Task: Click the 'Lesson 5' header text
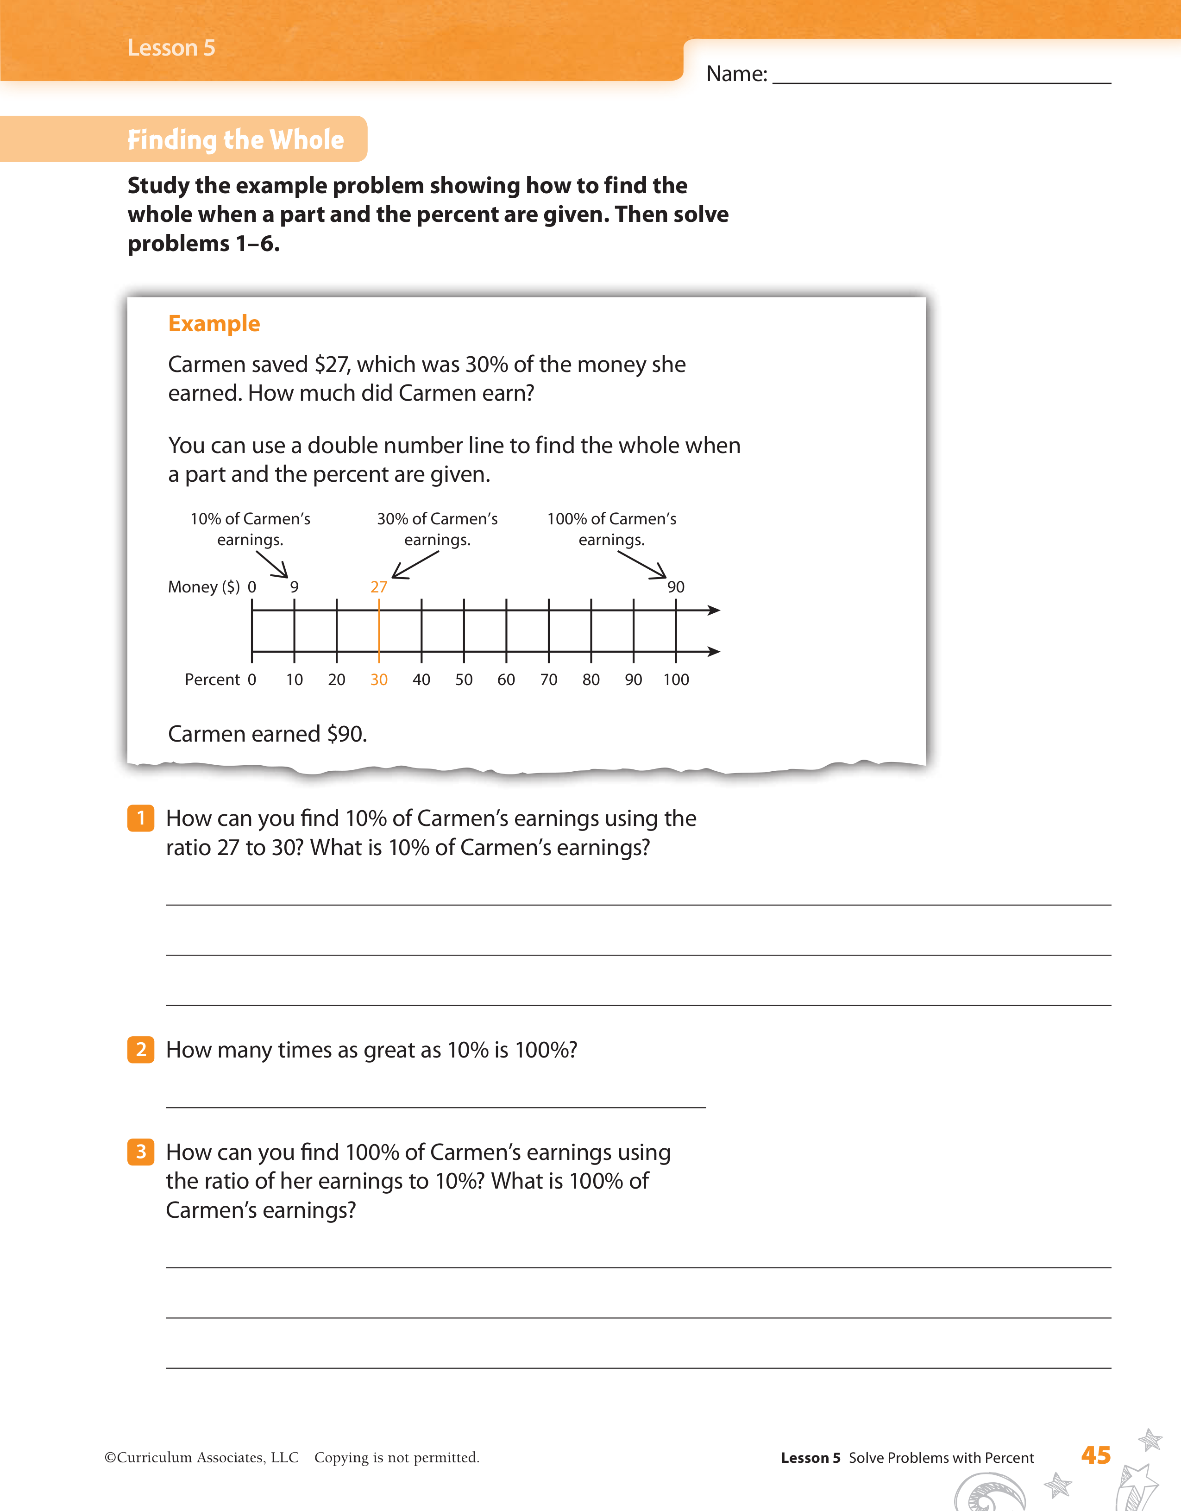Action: tap(171, 48)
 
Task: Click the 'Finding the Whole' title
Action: tap(235, 140)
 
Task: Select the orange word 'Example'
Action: tap(214, 324)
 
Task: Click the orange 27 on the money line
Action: tap(378, 587)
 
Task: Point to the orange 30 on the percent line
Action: tap(378, 680)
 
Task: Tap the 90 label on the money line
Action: tap(675, 587)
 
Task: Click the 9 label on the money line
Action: tap(294, 587)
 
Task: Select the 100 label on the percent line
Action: tap(676, 680)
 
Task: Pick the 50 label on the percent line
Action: tap(464, 680)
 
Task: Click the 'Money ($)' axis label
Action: tap(203, 587)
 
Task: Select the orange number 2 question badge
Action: tap(140, 1050)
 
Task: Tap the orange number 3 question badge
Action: tap(140, 1152)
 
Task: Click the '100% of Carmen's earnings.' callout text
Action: tap(612, 529)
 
